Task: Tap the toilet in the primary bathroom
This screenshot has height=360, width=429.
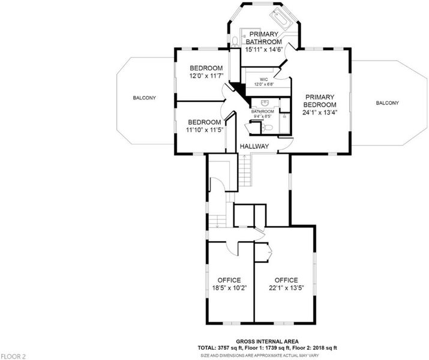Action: coord(235,42)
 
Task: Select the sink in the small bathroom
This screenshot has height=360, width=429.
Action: coord(265,103)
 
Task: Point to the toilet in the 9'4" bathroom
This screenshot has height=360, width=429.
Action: coord(268,127)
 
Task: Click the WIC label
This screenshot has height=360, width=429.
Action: coord(264,80)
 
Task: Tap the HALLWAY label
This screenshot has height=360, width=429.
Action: coord(254,146)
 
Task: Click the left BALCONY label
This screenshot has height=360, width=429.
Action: coord(145,98)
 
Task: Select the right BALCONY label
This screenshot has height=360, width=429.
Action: coord(388,103)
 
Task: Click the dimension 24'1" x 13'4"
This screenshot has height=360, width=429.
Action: coord(320,112)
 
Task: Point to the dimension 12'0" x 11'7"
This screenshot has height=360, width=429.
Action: coord(206,76)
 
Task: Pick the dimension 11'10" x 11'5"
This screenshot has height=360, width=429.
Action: coord(205,130)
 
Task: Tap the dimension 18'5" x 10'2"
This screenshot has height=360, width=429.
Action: coord(230,288)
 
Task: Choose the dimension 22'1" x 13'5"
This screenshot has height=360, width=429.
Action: coord(286,288)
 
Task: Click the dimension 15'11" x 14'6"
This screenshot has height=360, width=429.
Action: coord(264,50)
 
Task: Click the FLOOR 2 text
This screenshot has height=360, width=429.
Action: coord(13,356)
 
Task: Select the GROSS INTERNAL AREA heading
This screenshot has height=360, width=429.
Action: coord(268,341)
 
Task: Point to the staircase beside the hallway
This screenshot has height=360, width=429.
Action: coord(244,170)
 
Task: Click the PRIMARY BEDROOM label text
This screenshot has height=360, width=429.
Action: coord(320,101)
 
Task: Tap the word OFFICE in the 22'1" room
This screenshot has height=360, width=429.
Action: coord(286,280)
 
